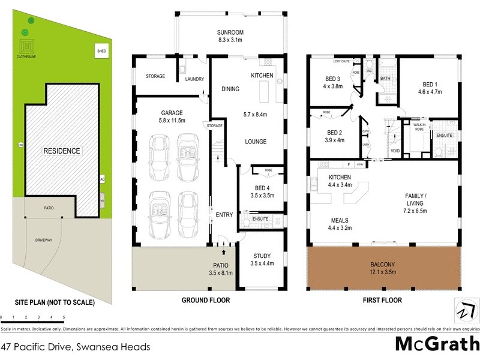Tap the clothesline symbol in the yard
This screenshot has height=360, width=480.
point(26,47)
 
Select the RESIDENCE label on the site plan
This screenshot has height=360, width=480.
point(61,151)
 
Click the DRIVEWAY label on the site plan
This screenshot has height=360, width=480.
point(44,240)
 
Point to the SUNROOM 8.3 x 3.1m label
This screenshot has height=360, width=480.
point(229,36)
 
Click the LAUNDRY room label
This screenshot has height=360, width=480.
point(194,79)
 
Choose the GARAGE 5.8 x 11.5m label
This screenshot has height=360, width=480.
point(171,116)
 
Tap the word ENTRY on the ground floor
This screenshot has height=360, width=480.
point(224,215)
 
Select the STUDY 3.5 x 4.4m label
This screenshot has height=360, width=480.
point(262,259)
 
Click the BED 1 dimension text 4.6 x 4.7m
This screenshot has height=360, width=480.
point(430,92)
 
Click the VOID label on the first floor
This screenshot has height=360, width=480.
point(395,151)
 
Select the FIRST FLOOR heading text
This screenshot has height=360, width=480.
point(383,301)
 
